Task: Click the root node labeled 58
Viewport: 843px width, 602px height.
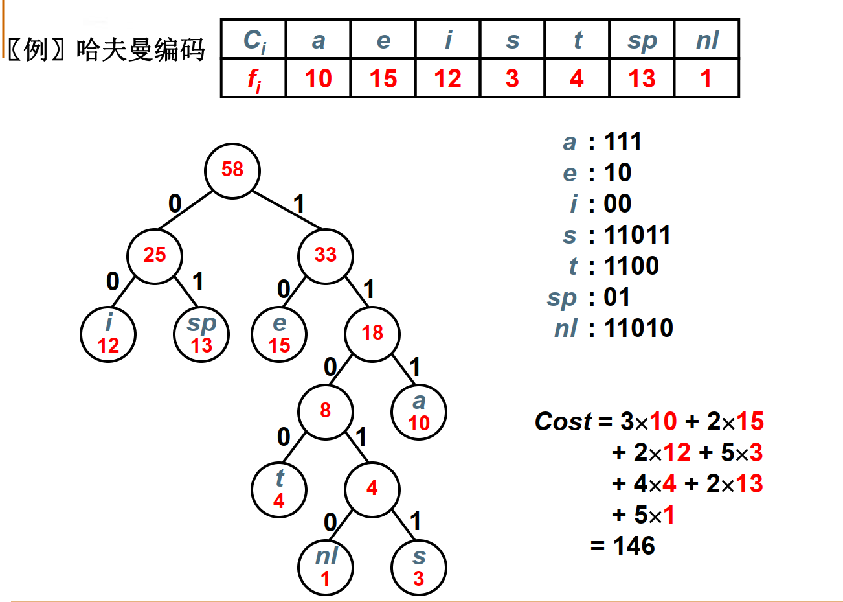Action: point(232,170)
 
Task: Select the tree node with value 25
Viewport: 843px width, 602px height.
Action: point(155,255)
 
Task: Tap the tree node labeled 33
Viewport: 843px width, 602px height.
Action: point(326,255)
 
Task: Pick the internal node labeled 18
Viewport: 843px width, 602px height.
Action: point(372,333)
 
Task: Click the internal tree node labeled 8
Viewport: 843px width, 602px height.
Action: point(326,411)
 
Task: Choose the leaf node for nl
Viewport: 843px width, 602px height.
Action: point(326,567)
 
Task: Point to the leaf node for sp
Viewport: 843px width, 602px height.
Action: point(201,334)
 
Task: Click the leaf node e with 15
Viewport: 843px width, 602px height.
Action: point(279,334)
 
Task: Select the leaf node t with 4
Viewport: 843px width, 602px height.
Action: point(279,489)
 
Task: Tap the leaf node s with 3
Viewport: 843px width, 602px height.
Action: point(419,567)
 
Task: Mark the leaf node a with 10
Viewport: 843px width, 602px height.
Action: point(419,411)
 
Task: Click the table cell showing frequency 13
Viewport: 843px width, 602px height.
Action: point(642,79)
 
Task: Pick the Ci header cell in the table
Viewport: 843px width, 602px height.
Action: point(254,40)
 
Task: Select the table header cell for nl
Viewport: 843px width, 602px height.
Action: point(706,40)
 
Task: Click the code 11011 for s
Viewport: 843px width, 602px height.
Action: point(637,235)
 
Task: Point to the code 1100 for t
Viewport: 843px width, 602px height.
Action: point(631,266)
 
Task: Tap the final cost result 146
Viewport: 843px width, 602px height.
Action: point(634,546)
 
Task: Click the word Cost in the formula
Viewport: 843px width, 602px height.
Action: point(563,422)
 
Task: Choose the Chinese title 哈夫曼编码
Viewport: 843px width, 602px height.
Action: point(140,50)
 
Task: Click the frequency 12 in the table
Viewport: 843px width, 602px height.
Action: point(448,79)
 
